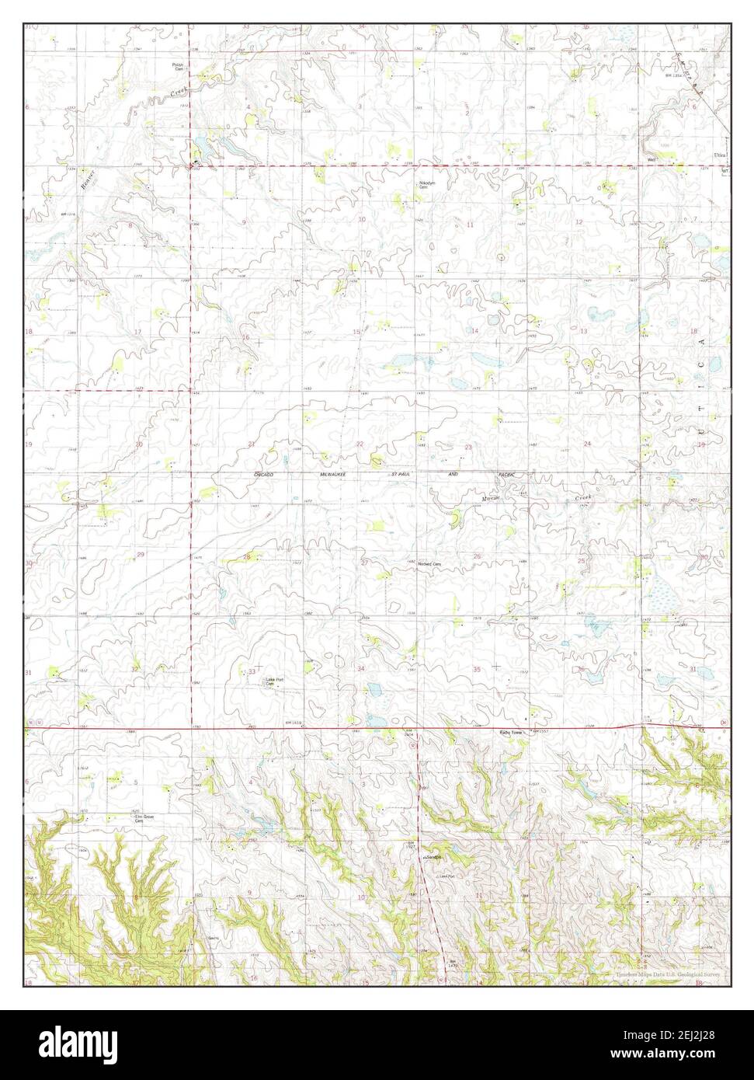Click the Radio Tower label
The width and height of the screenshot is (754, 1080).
click(513, 732)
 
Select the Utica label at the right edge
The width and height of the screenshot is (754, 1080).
click(722, 155)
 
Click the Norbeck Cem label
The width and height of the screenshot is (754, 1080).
click(422, 563)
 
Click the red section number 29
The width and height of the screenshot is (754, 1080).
click(141, 554)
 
